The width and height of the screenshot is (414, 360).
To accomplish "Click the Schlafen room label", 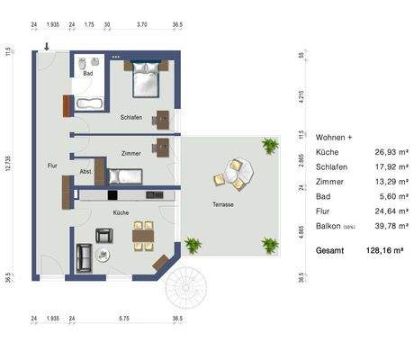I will point(130,117).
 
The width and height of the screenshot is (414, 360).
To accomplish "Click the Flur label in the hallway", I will point(52,166).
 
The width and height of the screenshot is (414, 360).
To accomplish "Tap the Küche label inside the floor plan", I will point(121,211).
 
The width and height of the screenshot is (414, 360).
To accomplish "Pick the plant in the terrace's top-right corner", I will point(269,145).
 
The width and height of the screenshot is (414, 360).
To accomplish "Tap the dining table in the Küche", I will point(143,237).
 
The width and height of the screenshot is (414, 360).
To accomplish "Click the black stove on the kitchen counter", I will point(113,193).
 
